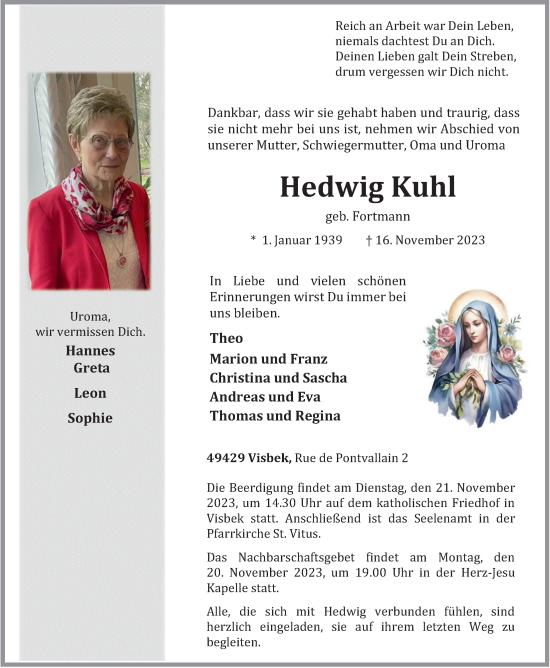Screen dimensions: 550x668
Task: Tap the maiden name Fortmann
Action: pos(381,217)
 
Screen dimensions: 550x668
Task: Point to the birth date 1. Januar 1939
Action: pos(302,240)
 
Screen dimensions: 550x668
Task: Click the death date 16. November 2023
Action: pos(431,240)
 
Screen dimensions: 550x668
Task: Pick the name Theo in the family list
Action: pos(226,338)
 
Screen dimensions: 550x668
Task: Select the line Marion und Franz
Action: pos(268,359)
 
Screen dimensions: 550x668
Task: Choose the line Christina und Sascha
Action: pos(278,378)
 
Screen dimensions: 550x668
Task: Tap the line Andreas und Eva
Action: pos(266,397)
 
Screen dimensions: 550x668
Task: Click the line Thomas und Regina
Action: pos(275,416)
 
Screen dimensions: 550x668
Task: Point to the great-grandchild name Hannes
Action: pos(90,351)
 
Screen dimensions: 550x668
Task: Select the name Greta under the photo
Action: pos(90,368)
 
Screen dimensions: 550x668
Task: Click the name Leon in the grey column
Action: pos(90,393)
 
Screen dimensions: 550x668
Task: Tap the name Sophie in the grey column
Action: pos(90,418)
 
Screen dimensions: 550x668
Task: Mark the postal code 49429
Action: pos(226,458)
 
